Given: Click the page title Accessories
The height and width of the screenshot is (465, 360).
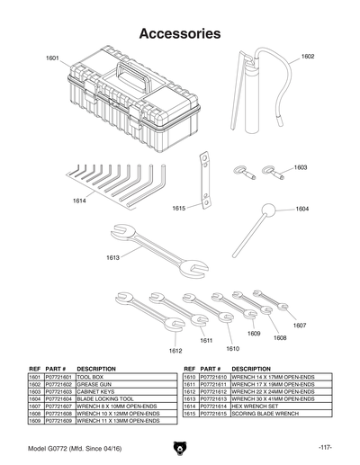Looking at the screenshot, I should click(180, 34).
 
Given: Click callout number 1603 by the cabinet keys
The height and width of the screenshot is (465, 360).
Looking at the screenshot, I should click(300, 167).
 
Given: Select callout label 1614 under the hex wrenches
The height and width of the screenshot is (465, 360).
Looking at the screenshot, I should click(79, 201).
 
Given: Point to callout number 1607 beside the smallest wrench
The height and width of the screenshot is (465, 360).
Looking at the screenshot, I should click(300, 325).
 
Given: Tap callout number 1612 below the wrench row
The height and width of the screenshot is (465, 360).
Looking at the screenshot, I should click(175, 350).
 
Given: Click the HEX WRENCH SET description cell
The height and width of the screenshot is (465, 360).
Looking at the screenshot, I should click(252, 407).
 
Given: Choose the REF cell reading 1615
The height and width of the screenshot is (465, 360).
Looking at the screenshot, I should click(190, 414).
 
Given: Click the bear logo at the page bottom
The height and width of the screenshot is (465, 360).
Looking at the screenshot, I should click(180, 447).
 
